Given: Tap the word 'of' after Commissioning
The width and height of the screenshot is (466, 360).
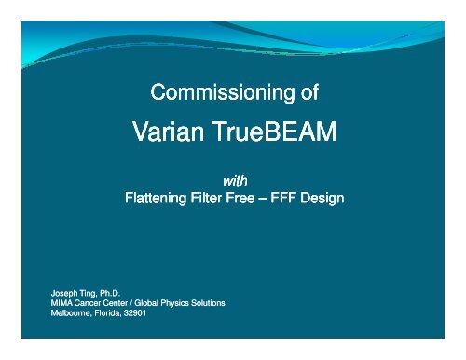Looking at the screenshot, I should coord(308,93).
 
